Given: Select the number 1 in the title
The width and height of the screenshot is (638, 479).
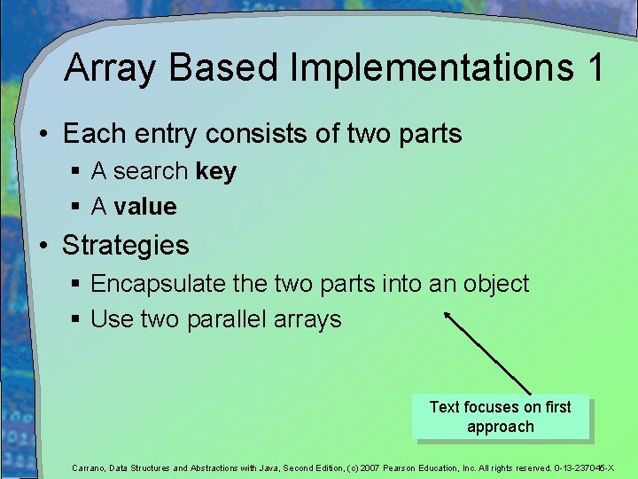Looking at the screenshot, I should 595,68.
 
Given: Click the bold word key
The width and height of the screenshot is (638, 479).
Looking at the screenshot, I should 216,171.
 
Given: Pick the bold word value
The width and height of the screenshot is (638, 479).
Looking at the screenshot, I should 145,207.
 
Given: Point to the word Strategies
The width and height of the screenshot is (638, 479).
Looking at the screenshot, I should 126,245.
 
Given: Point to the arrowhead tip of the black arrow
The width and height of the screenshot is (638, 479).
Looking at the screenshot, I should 445,311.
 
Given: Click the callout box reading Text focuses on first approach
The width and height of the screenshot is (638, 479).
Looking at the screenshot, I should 500,417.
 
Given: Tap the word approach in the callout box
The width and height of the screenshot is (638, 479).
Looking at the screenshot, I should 501,427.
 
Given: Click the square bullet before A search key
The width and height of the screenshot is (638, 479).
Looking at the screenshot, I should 78,172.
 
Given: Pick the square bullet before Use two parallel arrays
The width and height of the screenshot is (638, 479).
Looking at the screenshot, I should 78,320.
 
